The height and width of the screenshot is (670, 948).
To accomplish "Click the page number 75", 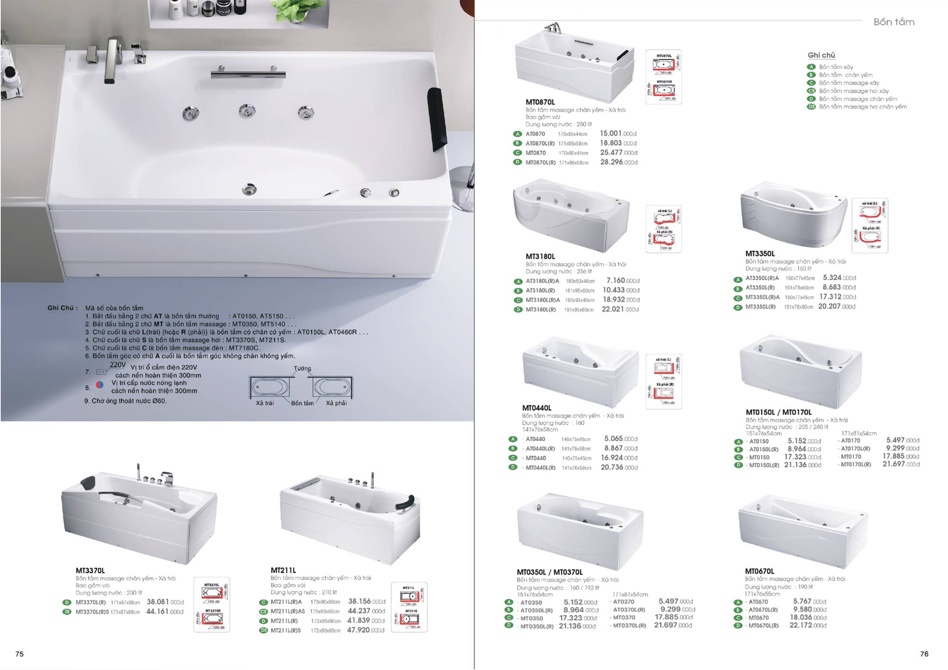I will tap(19, 654).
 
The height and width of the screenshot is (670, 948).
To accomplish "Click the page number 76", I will tap(924, 654).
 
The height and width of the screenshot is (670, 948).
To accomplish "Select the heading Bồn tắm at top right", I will tap(893, 22).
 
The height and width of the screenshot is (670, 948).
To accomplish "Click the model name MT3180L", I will tap(540, 257).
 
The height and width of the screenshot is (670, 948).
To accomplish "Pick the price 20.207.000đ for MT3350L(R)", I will tap(837, 306).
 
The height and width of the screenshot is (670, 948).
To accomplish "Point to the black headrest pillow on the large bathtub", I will tap(437, 119).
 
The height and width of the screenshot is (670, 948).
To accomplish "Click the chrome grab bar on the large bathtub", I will tap(248, 74).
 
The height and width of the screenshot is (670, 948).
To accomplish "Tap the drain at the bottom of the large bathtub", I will tap(249, 189).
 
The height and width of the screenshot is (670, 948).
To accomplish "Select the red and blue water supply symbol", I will tap(100, 385).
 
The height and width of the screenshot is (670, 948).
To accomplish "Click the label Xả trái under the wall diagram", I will tap(264, 403).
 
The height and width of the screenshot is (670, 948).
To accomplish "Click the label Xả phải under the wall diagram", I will tap(336, 403).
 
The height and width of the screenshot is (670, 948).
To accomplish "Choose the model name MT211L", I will tap(283, 570).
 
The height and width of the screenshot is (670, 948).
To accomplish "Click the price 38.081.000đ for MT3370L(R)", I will tap(164, 602).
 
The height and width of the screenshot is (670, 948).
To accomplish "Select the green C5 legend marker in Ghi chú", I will tap(811, 91).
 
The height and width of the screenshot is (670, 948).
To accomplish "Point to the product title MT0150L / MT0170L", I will tap(778, 412).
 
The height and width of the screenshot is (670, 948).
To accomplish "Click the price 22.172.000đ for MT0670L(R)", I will tap(807, 625).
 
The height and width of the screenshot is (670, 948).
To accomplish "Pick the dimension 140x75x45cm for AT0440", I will tap(576, 440).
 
